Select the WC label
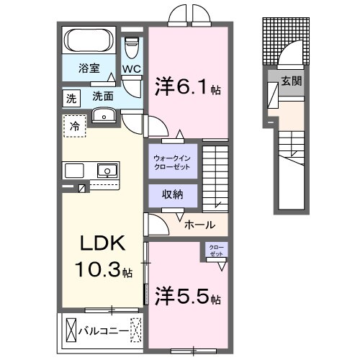pyautogui.click(x=131, y=69)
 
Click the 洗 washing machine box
pyautogui.click(x=71, y=96)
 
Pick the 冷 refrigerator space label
pyautogui.click(x=75, y=125)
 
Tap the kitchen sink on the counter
pyautogui.click(x=107, y=171)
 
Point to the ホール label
pyautogui.click(x=199, y=225)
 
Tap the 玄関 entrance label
pyautogui.click(x=291, y=81)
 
